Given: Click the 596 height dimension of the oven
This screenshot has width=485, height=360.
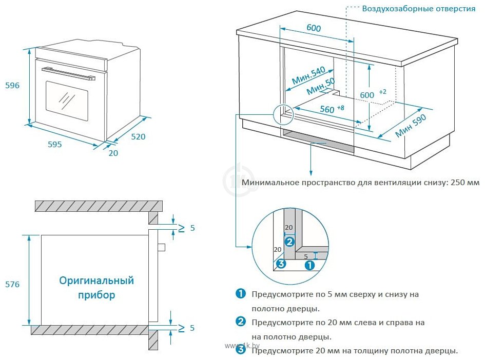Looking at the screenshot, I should (12, 86).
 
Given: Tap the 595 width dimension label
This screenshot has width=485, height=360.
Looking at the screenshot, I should (55, 144).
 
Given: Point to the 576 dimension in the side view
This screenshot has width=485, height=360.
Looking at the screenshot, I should (12, 284).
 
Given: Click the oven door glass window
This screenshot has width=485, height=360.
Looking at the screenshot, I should (67, 99).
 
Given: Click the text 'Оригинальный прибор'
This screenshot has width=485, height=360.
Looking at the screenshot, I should (96, 288).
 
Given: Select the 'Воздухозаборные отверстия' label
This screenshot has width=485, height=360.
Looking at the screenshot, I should (419, 9).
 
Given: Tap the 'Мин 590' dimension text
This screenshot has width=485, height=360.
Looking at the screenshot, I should (411, 126).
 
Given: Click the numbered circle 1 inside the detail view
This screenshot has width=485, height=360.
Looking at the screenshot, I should (310, 265).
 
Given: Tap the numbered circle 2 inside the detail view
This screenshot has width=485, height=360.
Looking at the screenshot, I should (290, 242).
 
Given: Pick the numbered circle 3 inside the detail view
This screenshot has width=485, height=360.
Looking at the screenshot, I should (280, 264).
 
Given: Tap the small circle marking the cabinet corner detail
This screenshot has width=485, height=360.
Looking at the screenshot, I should (283, 113).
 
